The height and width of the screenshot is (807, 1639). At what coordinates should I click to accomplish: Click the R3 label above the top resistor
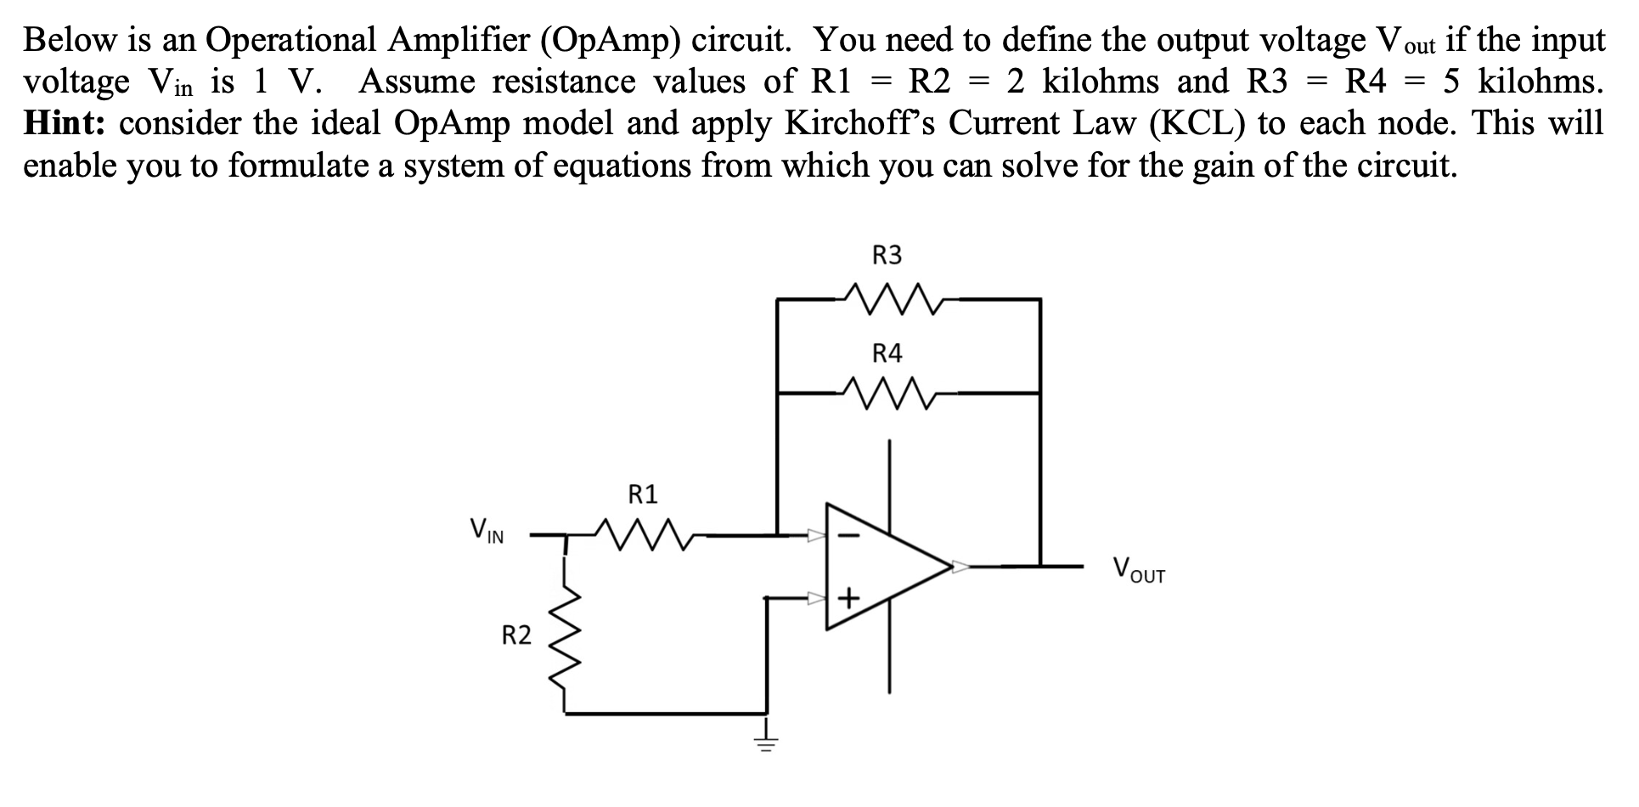coord(887,255)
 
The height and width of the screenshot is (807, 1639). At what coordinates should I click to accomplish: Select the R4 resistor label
coord(887,353)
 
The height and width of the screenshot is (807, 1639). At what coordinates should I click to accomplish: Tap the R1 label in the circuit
coord(643,494)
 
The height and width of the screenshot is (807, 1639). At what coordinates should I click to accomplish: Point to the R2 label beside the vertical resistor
coord(515,635)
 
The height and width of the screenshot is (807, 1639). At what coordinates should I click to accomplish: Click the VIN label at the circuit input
coord(487,533)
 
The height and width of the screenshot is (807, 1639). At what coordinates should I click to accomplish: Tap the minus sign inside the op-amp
coord(849,536)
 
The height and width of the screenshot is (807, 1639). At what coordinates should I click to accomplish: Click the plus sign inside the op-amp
coord(849,600)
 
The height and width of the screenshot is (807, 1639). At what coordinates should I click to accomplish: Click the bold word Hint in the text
coord(64,124)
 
